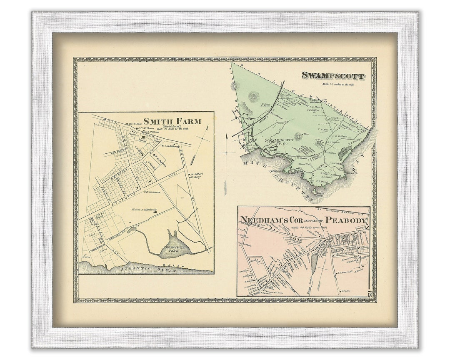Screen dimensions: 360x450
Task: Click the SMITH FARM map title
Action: coord(172,121)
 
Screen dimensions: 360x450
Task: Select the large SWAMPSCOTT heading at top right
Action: coord(333,76)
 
